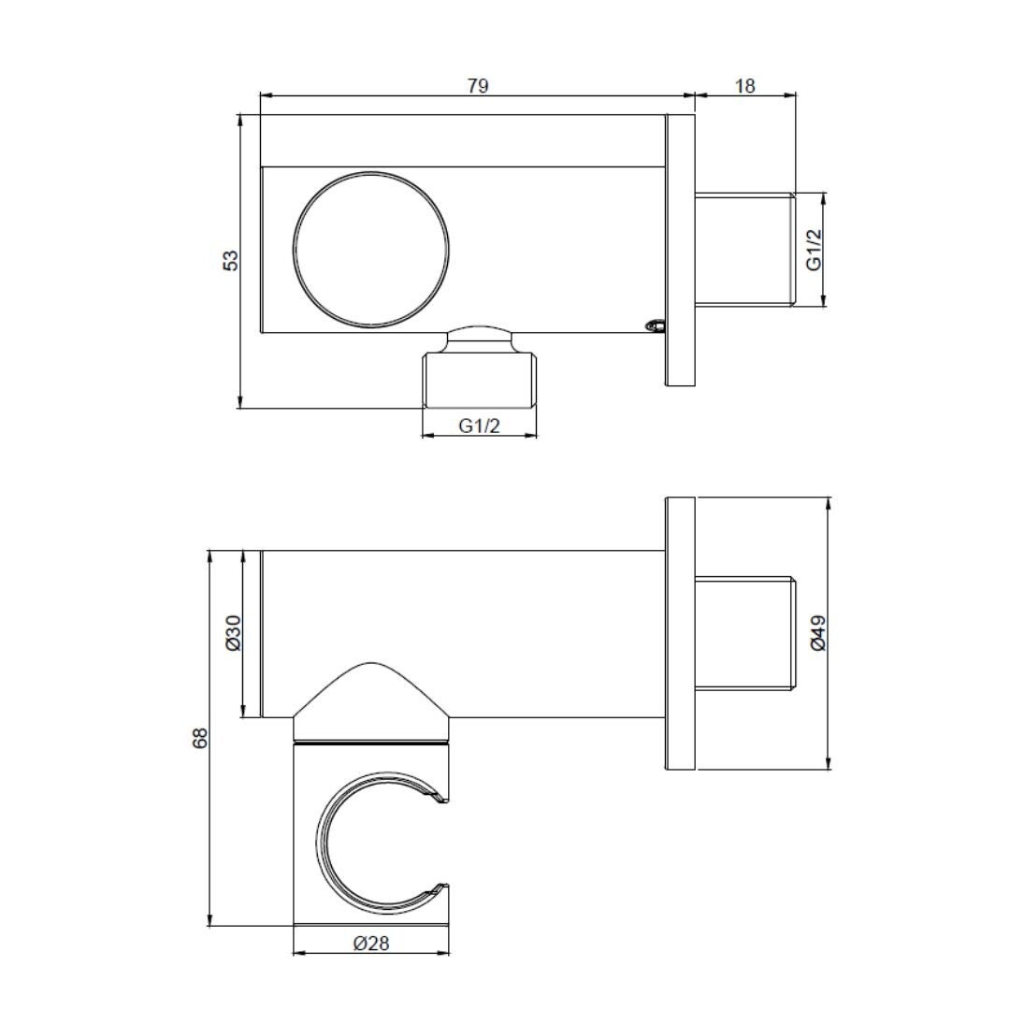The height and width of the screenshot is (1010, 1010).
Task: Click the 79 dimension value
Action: [x=478, y=86]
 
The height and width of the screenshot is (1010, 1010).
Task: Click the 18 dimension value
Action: [x=744, y=86]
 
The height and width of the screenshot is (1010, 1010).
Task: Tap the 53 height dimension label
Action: [x=231, y=260]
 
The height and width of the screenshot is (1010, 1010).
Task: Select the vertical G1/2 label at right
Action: [x=815, y=250]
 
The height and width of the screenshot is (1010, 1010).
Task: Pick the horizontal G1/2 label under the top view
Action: [x=479, y=426]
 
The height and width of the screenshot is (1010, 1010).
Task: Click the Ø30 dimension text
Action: [x=233, y=633]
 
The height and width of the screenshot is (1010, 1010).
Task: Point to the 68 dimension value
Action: [x=200, y=738]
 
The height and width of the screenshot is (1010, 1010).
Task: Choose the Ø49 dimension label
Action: [x=817, y=633]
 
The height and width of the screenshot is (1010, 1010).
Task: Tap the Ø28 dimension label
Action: [x=371, y=944]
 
